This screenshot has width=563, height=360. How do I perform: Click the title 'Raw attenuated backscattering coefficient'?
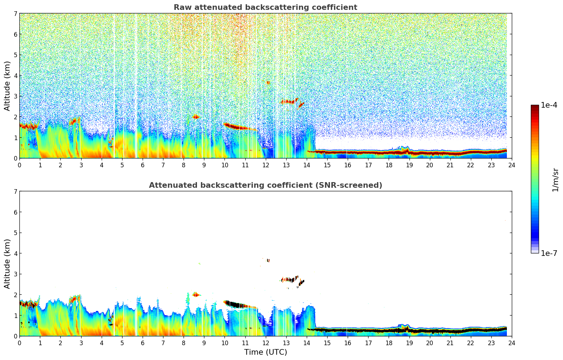[x=265, y=7]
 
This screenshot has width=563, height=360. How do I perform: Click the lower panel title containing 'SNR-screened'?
[x=265, y=185]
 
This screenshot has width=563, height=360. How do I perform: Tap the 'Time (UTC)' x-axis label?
[x=265, y=352]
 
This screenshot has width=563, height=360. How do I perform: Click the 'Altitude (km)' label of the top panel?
[x=7, y=86]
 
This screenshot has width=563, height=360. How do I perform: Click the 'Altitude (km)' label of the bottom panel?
[x=7, y=264]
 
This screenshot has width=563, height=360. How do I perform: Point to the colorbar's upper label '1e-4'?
[x=549, y=105]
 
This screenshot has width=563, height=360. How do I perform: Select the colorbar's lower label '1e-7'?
[x=549, y=253]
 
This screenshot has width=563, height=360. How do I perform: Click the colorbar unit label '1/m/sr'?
[x=555, y=180]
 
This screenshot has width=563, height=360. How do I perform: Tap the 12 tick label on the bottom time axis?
[x=265, y=343]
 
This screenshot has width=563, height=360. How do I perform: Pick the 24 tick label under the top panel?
[x=511, y=165]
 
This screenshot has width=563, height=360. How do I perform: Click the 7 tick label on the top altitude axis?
[x=15, y=14]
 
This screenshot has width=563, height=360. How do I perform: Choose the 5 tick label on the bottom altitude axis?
[x=15, y=233]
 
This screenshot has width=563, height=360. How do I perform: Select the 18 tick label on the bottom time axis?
[x=389, y=343]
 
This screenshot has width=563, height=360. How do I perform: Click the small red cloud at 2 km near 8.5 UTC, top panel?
[x=196, y=117]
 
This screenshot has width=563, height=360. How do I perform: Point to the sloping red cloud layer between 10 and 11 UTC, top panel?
[x=236, y=126]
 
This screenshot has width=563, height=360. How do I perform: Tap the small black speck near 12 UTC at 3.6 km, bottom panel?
[x=268, y=260]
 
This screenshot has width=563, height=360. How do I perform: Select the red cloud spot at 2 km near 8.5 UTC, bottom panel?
[x=195, y=295]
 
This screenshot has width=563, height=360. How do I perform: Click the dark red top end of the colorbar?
[x=534, y=107]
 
